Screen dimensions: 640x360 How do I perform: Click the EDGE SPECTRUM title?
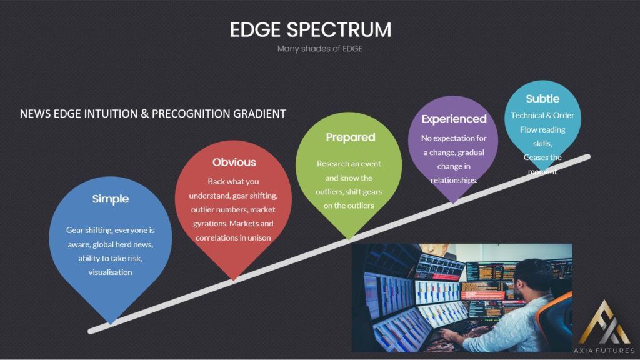point(311,30)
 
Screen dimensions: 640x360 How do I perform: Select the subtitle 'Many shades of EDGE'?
point(319,49)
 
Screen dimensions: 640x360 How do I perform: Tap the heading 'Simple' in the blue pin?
point(110,199)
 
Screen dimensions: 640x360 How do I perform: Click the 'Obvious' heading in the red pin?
point(234,162)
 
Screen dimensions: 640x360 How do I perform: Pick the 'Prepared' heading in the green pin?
point(350,137)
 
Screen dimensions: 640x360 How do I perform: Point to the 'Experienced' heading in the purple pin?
point(454,119)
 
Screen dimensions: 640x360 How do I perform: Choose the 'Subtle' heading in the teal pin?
point(542,99)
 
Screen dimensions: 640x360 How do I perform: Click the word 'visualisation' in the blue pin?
point(110,272)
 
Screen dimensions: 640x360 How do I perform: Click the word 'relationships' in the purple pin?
point(453,181)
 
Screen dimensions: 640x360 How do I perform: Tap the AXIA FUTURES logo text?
point(604,351)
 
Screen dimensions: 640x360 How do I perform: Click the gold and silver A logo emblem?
point(604,322)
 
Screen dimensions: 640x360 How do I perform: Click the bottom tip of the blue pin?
point(110,324)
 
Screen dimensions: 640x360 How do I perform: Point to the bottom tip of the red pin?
point(234,280)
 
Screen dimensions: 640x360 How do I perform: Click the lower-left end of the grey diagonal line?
point(91,331)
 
